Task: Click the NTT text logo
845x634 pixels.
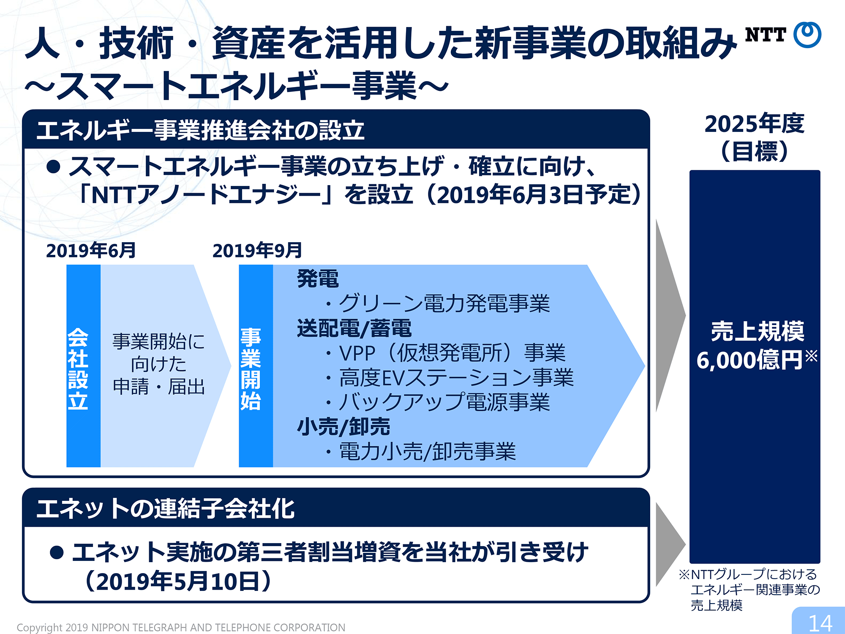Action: click(765, 35)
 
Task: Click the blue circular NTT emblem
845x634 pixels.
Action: click(807, 34)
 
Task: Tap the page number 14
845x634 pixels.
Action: click(820, 623)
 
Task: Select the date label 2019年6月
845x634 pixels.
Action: click(91, 250)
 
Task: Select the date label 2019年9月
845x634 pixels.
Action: click(257, 250)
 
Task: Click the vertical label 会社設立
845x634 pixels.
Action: click(78, 369)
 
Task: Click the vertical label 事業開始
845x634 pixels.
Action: click(251, 369)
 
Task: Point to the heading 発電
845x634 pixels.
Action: click(318, 279)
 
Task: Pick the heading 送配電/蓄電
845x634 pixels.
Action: click(354, 328)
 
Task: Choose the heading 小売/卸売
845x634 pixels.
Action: click(343, 426)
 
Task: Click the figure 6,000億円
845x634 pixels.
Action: click(750, 360)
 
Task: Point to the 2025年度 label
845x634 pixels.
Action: click(755, 123)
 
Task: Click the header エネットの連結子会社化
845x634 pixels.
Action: click(166, 508)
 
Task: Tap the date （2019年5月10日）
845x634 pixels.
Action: click(178, 581)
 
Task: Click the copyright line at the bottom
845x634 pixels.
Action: click(181, 628)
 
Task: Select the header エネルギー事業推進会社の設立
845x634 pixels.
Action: click(200, 130)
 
